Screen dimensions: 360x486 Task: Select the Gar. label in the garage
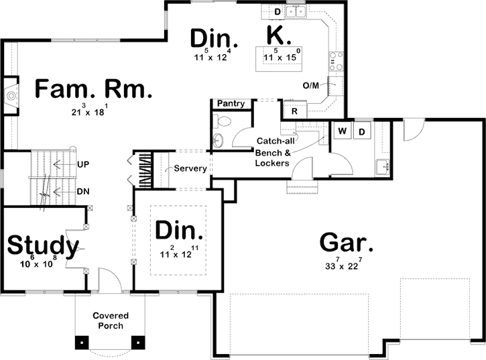(x=347, y=242)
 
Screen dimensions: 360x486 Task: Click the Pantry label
(x=231, y=104)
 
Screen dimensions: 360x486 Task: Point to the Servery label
(x=190, y=168)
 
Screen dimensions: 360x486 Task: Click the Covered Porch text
(x=111, y=320)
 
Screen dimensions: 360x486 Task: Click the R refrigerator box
(x=294, y=111)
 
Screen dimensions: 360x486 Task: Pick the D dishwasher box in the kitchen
(x=278, y=11)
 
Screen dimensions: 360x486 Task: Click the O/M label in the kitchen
(x=310, y=85)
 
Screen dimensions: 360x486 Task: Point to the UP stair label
(x=84, y=163)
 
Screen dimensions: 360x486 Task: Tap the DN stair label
(x=84, y=191)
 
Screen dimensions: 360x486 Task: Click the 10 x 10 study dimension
(x=38, y=264)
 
